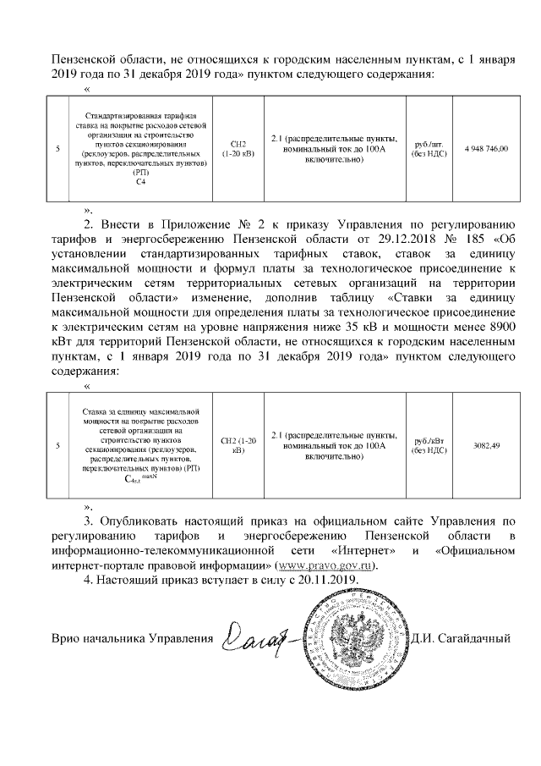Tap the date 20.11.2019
(x=330, y=581)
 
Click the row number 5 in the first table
(x=57, y=149)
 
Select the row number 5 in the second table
(x=57, y=445)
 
